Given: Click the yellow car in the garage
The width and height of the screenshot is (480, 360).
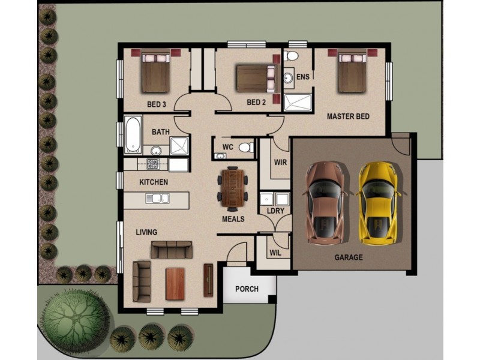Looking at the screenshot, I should coord(379,203).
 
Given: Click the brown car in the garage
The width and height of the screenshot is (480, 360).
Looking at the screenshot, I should coord(325,203).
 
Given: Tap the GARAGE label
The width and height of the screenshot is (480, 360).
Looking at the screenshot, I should coord(348,257).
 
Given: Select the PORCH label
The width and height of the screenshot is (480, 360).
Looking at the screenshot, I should coord(247,289).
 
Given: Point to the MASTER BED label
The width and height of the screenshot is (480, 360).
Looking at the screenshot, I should coord(348,116).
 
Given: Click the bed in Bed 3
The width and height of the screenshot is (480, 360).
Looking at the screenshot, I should coord(156,73).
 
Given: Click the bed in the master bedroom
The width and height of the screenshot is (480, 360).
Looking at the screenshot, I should coord(352,73).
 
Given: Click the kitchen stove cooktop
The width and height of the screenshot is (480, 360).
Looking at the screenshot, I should coord(152,164).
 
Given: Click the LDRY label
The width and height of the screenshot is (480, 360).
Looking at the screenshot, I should coord(275,211).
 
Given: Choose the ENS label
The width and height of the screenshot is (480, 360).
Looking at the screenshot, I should coord(303,77).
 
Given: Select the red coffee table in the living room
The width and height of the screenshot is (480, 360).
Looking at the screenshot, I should coord(175,282).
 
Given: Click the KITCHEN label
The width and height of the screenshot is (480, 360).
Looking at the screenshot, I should coord(154,182).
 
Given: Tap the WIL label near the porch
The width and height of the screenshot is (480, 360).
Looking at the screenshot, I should coord(275,253).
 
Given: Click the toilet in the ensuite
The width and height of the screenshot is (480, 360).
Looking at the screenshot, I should coord(292,56).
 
